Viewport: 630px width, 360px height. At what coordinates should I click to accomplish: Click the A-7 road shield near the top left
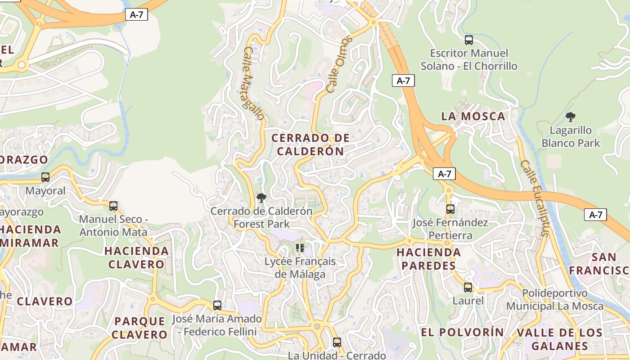pos(136,14)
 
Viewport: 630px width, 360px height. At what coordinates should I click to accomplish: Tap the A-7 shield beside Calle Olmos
pos(403,81)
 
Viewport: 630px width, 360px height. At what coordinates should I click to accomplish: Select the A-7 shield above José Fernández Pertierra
pos(444,174)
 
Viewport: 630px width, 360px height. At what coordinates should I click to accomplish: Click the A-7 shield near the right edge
pos(595,215)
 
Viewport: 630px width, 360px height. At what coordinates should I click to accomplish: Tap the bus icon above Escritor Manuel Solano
pos(468,40)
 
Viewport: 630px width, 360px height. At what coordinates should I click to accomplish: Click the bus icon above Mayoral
pos(45,177)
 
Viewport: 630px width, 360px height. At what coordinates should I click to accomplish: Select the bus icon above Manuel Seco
pos(113,206)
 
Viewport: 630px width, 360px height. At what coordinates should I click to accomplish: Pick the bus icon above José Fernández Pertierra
pos(450,209)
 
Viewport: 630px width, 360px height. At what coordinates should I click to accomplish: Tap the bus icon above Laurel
pos(468,287)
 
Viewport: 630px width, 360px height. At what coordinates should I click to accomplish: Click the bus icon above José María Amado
pos(217,305)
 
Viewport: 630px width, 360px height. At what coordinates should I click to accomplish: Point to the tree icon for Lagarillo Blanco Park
pos(571,117)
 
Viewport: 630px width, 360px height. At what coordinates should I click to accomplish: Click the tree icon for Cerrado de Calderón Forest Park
pos(261,198)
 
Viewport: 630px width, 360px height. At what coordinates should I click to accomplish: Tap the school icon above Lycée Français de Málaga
pos(300,247)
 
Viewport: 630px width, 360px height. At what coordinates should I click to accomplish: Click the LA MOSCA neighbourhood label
pos(473,116)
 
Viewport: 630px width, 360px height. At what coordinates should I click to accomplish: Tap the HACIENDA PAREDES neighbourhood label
pos(428,259)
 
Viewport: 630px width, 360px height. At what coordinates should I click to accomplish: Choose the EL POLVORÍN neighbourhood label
pos(462,332)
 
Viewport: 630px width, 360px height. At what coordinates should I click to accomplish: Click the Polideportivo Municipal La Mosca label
pos(554,300)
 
